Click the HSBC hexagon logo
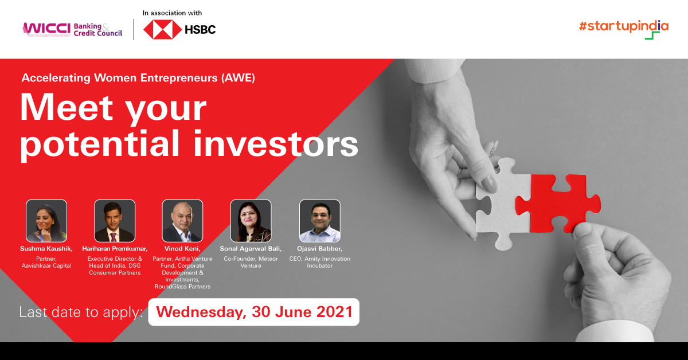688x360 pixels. (x=162, y=29)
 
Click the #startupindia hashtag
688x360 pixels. (x=623, y=26)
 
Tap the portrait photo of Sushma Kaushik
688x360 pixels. (x=46, y=221)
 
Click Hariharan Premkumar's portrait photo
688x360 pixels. (x=115, y=221)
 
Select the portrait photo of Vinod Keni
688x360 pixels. (x=182, y=221)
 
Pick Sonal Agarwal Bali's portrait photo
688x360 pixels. (x=251, y=221)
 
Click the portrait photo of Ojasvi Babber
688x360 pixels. (x=319, y=221)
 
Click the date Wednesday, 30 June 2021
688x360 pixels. (x=253, y=312)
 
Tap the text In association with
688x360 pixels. (x=173, y=13)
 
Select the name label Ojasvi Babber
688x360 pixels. (x=319, y=249)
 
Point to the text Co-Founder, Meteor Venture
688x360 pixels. (x=251, y=262)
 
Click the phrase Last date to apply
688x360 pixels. (x=80, y=312)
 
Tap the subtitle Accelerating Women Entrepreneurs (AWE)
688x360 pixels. (x=138, y=78)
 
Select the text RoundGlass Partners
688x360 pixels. (x=182, y=286)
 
